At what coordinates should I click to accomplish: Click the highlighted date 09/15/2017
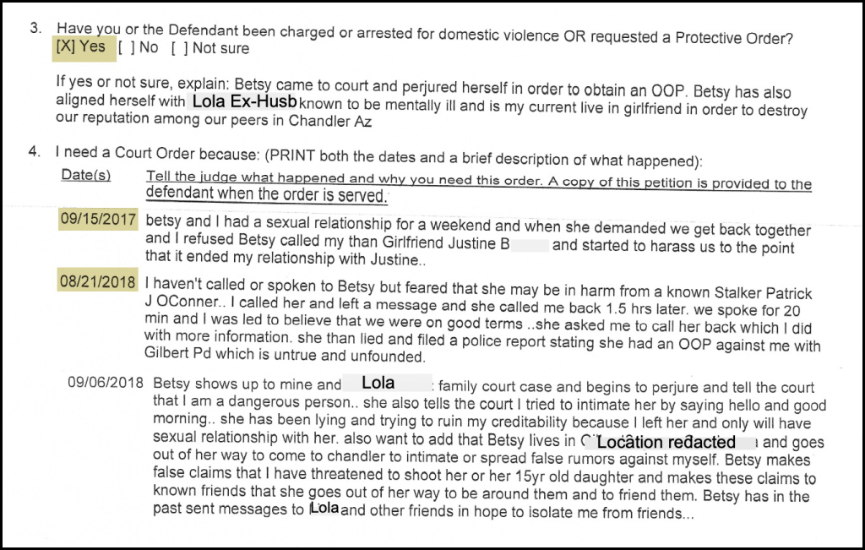click(x=98, y=220)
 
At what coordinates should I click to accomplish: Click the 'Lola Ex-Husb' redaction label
click(x=245, y=101)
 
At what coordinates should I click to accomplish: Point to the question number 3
click(x=35, y=28)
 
